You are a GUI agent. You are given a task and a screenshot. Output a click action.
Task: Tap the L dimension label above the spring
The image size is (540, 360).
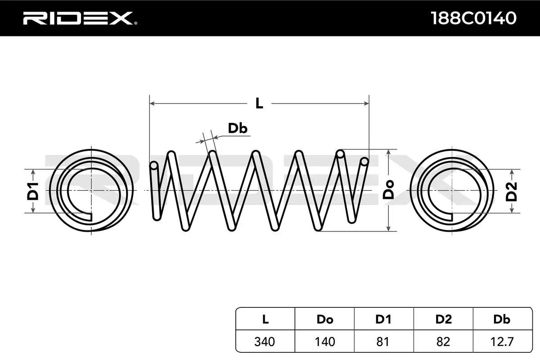pyautogui.click(x=259, y=103)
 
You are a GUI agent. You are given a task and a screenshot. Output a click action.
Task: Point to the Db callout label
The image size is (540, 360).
pyautogui.click(x=237, y=129)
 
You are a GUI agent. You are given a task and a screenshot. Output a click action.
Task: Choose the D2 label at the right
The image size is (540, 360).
pyautogui.click(x=512, y=191)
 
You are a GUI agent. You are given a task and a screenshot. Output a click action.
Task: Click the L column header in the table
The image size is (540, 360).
pyautogui.click(x=265, y=319)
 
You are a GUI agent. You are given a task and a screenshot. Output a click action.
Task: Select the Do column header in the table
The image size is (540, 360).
pyautogui.click(x=324, y=319)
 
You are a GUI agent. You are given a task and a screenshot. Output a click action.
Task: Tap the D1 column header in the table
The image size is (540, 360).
pyautogui.click(x=383, y=319)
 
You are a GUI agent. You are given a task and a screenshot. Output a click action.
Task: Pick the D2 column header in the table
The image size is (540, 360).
pyautogui.click(x=443, y=319)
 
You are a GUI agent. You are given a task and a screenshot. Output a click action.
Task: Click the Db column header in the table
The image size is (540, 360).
pyautogui.click(x=502, y=319)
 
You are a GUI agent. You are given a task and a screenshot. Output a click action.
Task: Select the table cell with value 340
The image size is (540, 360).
pyautogui.click(x=265, y=342)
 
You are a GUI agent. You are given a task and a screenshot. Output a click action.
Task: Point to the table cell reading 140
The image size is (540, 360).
pyautogui.click(x=324, y=342)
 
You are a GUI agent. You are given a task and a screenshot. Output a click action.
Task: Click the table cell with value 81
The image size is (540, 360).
pyautogui.click(x=383, y=342)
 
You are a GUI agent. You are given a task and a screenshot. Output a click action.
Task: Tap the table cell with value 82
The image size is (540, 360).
pyautogui.click(x=443, y=342)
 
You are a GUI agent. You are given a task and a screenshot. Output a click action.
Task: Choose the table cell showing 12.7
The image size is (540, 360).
pyautogui.click(x=502, y=342)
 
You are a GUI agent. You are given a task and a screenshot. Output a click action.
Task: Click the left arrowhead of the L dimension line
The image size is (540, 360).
pyautogui.click(x=152, y=103)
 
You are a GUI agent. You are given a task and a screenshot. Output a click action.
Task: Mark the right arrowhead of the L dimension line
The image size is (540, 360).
pyautogui.click(x=366, y=103)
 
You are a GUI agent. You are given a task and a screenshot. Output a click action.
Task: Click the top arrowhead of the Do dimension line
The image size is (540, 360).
pyautogui.click(x=388, y=152)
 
